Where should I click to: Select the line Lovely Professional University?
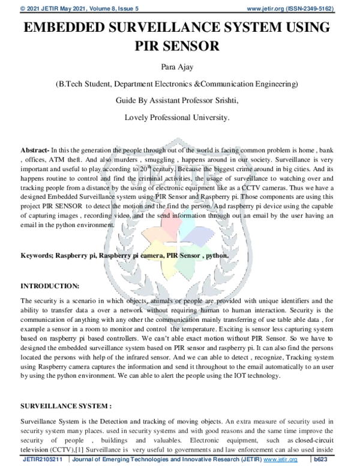(176, 117)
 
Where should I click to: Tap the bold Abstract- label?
(35, 149)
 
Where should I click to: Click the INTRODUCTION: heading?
(49, 286)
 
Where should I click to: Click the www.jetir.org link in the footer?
(284, 459)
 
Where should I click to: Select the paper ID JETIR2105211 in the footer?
(43, 459)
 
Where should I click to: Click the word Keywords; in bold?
(37, 255)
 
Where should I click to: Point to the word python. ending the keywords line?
(216, 255)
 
